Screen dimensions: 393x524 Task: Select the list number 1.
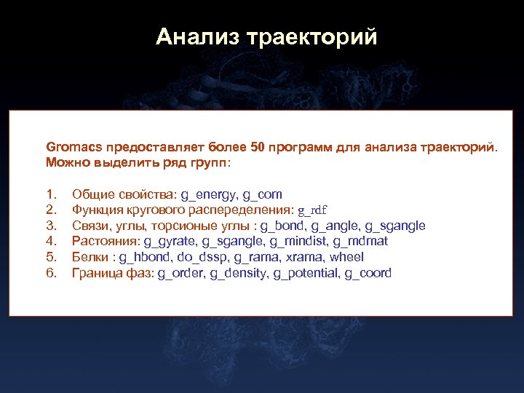click(50, 194)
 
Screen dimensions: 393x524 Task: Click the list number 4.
click(50, 241)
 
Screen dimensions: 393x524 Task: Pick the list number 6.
click(50, 273)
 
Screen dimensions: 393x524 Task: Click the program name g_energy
click(208, 194)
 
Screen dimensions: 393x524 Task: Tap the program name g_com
click(262, 194)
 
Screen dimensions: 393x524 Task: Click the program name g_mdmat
click(362, 241)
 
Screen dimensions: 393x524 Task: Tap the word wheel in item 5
click(346, 257)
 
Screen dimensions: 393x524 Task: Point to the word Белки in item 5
click(90, 257)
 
